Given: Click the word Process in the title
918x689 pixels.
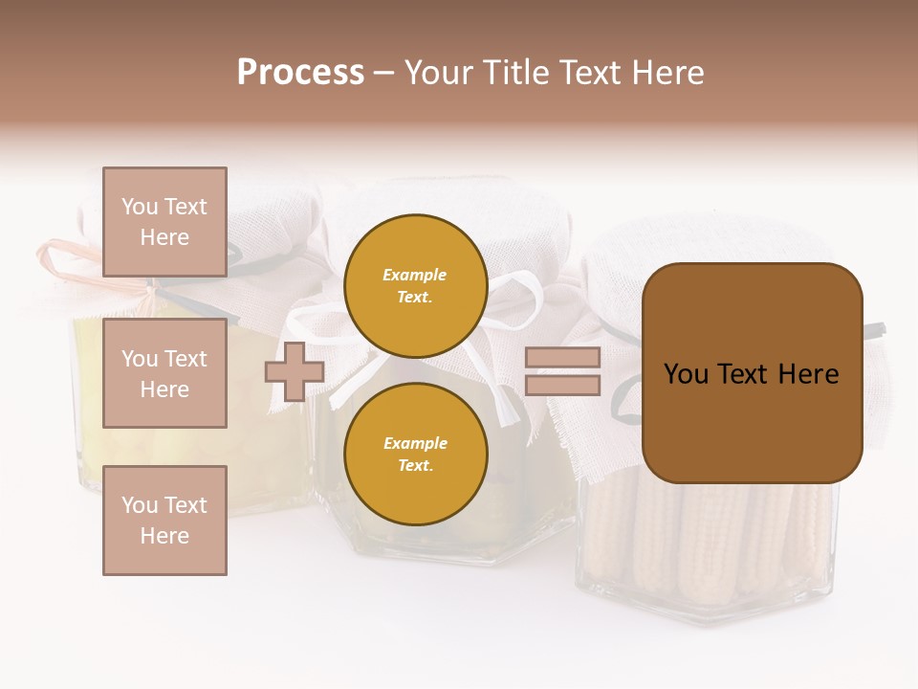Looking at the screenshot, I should pos(300,73).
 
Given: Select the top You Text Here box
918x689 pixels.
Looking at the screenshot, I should pos(164,222).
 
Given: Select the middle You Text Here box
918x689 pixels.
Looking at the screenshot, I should pos(164,373).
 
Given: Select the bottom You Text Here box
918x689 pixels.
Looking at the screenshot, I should pos(164,520).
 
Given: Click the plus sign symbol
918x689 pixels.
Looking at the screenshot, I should pos(295,371).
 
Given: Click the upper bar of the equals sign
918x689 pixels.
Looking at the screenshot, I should pos(562,358).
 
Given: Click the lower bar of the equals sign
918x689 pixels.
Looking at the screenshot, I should pos(562,386).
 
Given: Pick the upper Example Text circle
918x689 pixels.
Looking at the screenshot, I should pos(415,285).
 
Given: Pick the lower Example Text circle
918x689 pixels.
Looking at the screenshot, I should pos(415,454).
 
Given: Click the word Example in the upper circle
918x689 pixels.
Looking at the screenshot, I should pos(414,275).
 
